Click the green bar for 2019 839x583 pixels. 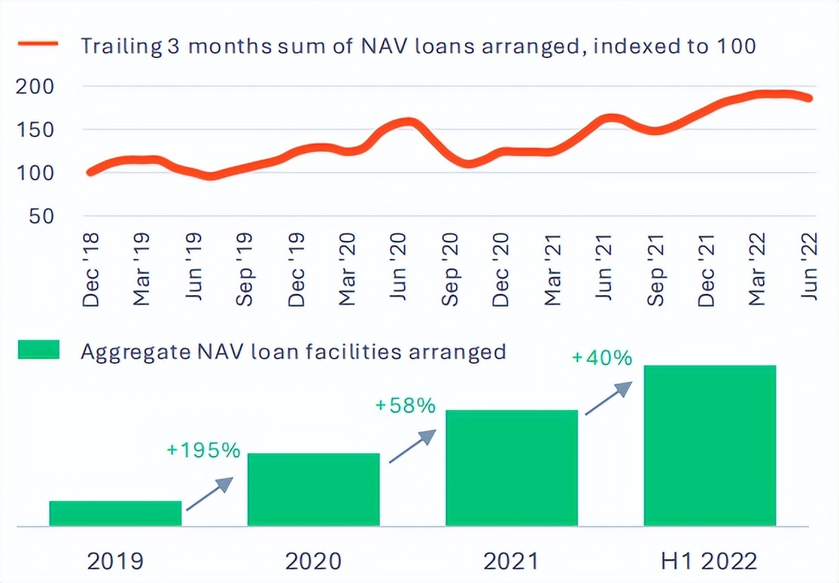(115, 514)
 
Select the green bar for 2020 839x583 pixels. (314, 490)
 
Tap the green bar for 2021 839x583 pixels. (512, 468)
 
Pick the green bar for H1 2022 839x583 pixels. (710, 446)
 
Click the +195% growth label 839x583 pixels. (203, 450)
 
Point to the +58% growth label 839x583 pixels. (405, 406)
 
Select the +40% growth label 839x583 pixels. (602, 358)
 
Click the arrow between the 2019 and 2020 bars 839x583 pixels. (209, 494)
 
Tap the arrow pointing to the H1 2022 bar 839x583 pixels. (609, 397)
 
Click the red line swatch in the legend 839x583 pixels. (38, 45)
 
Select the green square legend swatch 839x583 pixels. (39, 350)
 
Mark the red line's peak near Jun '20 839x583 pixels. (407, 121)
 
